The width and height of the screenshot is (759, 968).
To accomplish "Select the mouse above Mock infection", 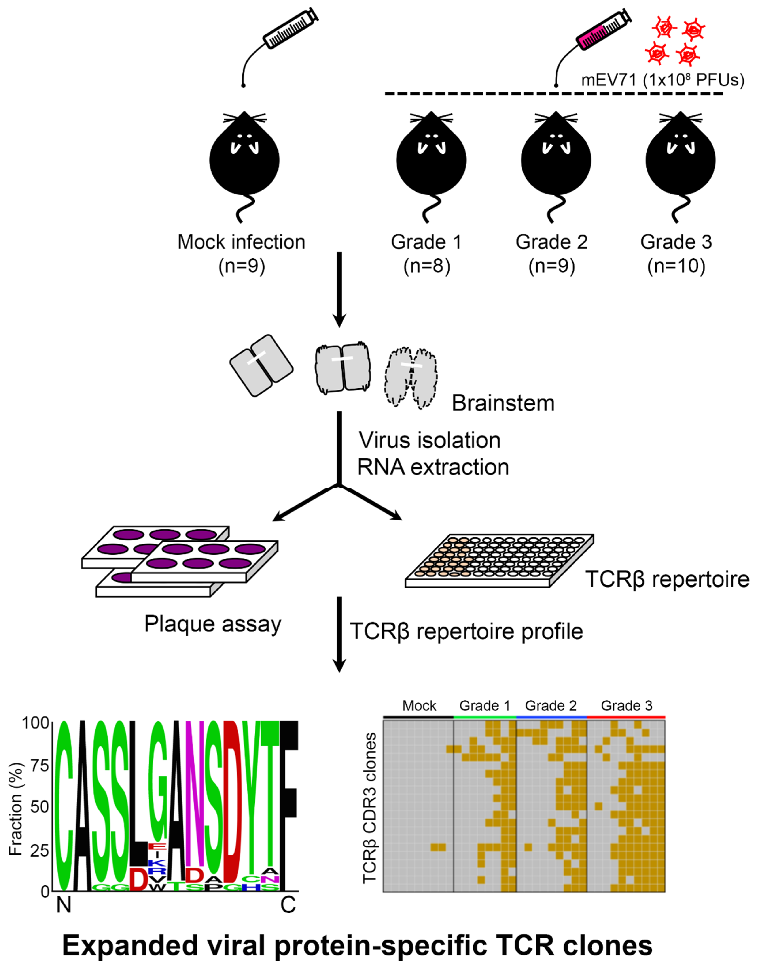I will click(244, 160).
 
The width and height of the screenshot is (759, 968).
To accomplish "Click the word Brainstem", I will click(503, 403).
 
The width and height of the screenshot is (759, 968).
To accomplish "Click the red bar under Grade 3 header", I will click(626, 717).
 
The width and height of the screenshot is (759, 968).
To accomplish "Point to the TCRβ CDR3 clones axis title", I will click(370, 808).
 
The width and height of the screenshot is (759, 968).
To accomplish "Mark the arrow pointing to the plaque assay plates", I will click(302, 504).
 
